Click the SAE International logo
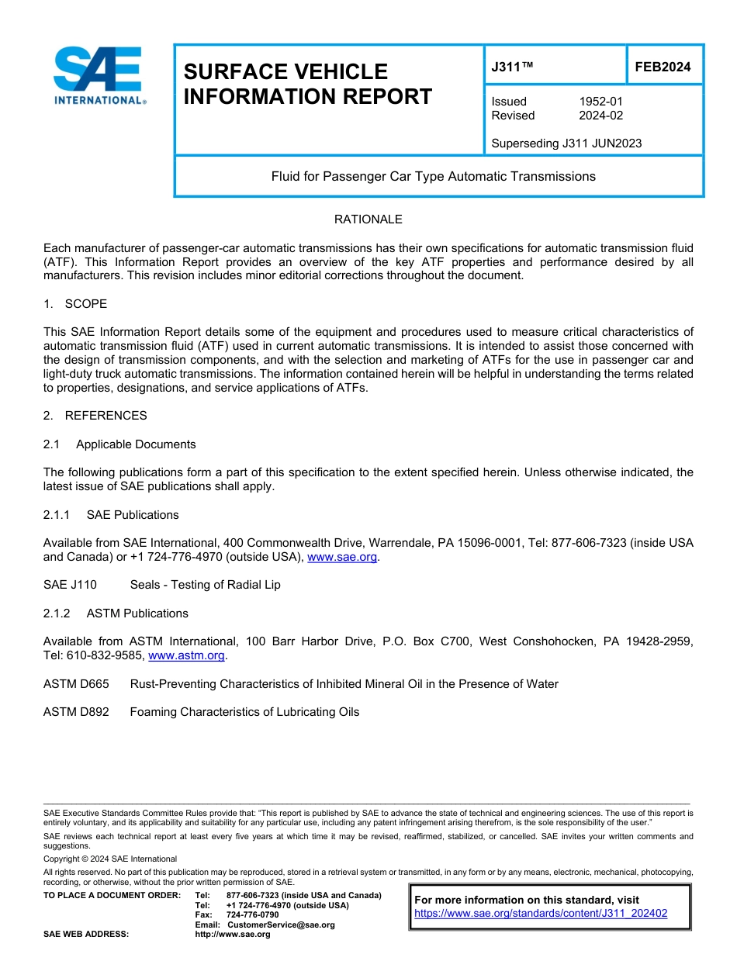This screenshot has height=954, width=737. click(99, 75)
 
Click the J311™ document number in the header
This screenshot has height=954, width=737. click(512, 67)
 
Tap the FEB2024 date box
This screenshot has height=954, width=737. click(663, 67)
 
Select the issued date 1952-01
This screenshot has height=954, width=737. click(600, 102)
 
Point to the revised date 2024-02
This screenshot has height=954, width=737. click(600, 116)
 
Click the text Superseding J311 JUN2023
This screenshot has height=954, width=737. click(566, 143)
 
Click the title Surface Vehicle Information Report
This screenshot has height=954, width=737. click(307, 84)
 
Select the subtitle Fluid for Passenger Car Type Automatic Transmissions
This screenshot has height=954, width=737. click(433, 177)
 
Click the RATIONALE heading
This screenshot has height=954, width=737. click(368, 219)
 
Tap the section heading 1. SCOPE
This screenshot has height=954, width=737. click(75, 303)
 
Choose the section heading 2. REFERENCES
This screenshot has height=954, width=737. click(95, 416)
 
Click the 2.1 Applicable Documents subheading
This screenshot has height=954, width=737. click(119, 444)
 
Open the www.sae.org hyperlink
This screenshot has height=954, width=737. click(342, 557)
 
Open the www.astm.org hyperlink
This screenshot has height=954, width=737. click(186, 655)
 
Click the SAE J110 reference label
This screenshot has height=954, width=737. click(70, 585)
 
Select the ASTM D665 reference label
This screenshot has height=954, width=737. click(76, 684)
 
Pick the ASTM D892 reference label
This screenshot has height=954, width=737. click(76, 712)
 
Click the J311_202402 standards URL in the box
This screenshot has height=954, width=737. click(541, 914)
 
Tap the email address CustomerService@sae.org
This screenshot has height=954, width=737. click(281, 925)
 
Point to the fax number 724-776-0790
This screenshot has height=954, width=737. click(252, 915)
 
